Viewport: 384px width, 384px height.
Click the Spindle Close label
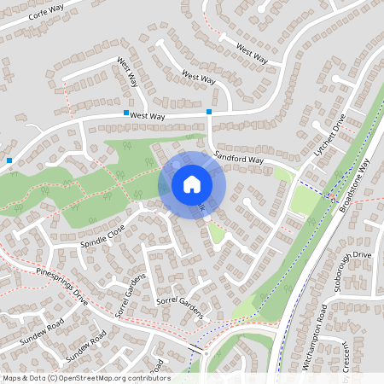pyautogui.click(x=102, y=235)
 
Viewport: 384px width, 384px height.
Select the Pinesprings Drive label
pyautogui.click(x=62, y=286)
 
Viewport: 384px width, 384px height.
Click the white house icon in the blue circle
pyautogui.click(x=192, y=183)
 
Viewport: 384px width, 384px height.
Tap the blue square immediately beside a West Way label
pyautogui.click(x=126, y=113)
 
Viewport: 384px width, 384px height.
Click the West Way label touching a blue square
pyautogui.click(x=147, y=114)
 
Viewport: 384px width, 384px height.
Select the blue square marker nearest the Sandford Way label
pyautogui.click(x=209, y=112)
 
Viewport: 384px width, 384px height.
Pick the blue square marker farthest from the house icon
pyautogui.click(x=9, y=160)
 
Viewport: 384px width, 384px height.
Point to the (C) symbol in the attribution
pyautogui.click(x=52, y=378)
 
